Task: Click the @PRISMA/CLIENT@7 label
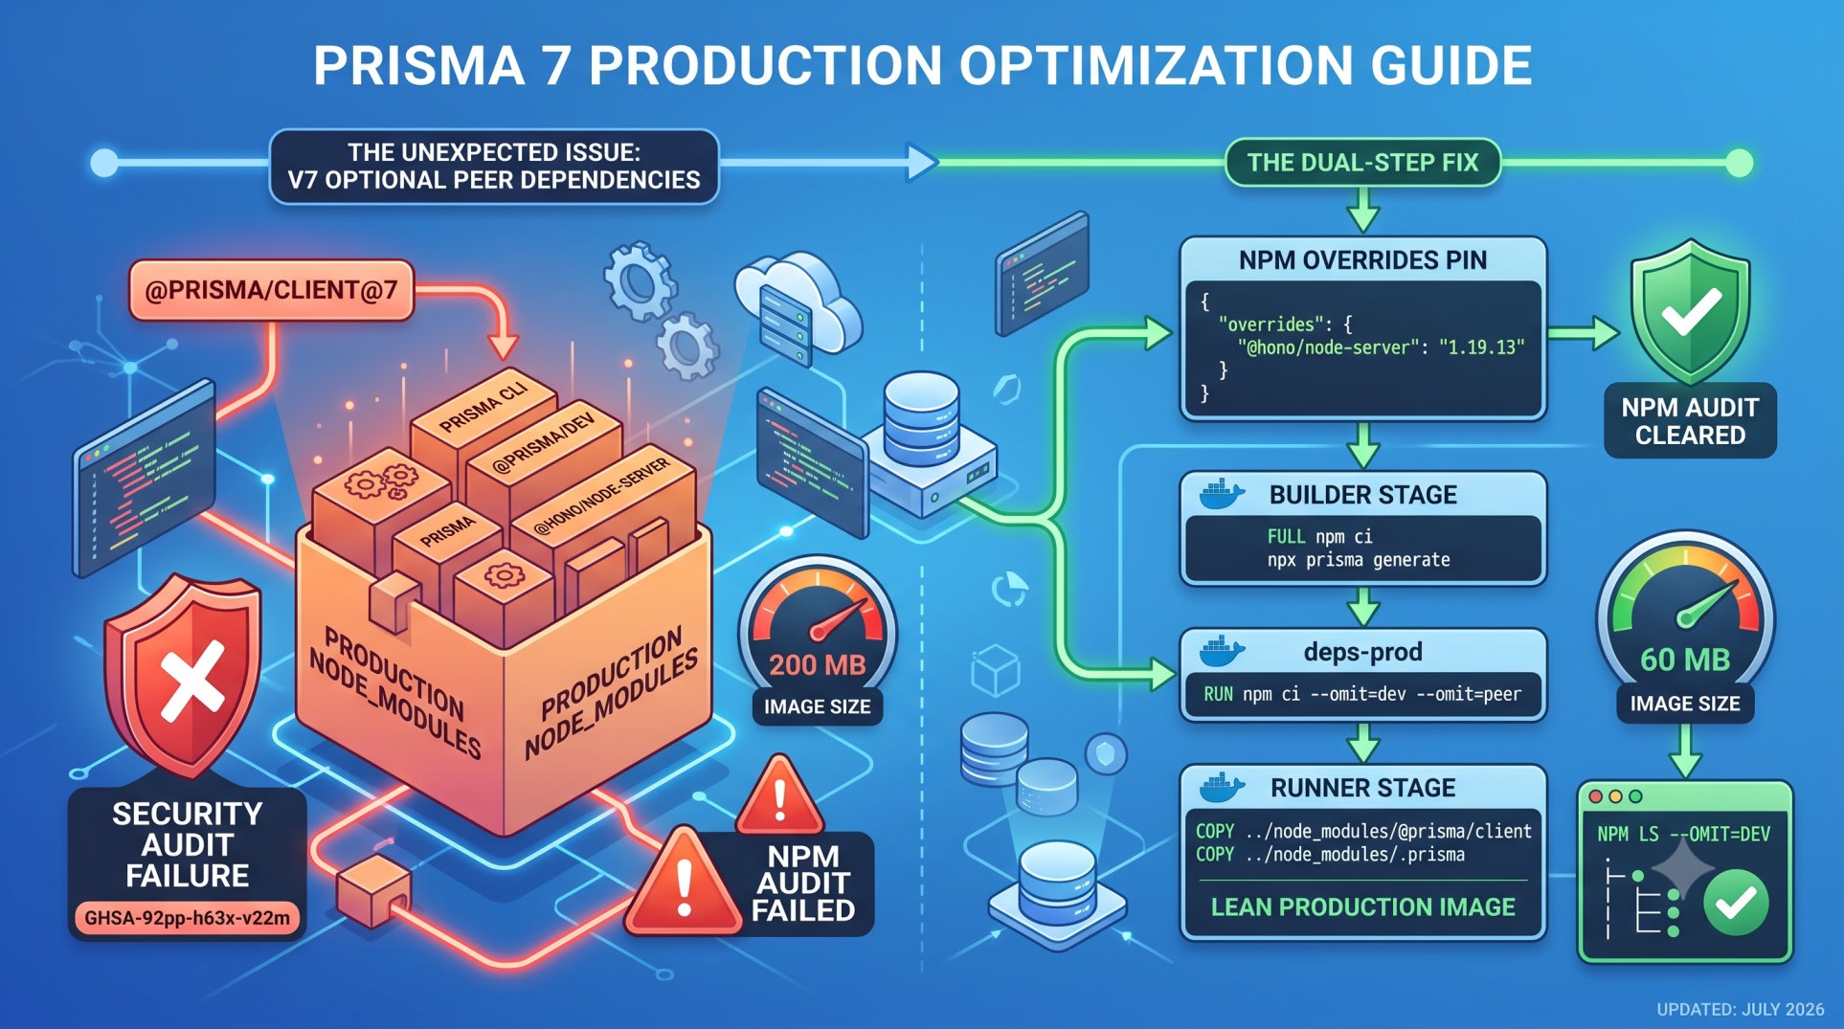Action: pos(271,290)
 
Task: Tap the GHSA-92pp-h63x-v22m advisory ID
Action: pos(188,918)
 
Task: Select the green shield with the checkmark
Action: pos(1690,311)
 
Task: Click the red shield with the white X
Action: pos(183,675)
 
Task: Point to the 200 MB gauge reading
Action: pos(817,664)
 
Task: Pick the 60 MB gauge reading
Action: pos(1685,660)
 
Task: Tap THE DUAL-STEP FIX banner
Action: pos(1362,163)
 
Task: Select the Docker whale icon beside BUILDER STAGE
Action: pos(1222,494)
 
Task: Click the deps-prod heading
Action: pos(1362,652)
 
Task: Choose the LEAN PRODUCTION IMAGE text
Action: pos(1362,906)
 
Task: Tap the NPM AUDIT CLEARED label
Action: pos(1690,421)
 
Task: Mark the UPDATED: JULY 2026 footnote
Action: pos(1741,1009)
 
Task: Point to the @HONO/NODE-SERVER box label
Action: pos(601,497)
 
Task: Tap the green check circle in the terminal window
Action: pos(1735,902)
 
